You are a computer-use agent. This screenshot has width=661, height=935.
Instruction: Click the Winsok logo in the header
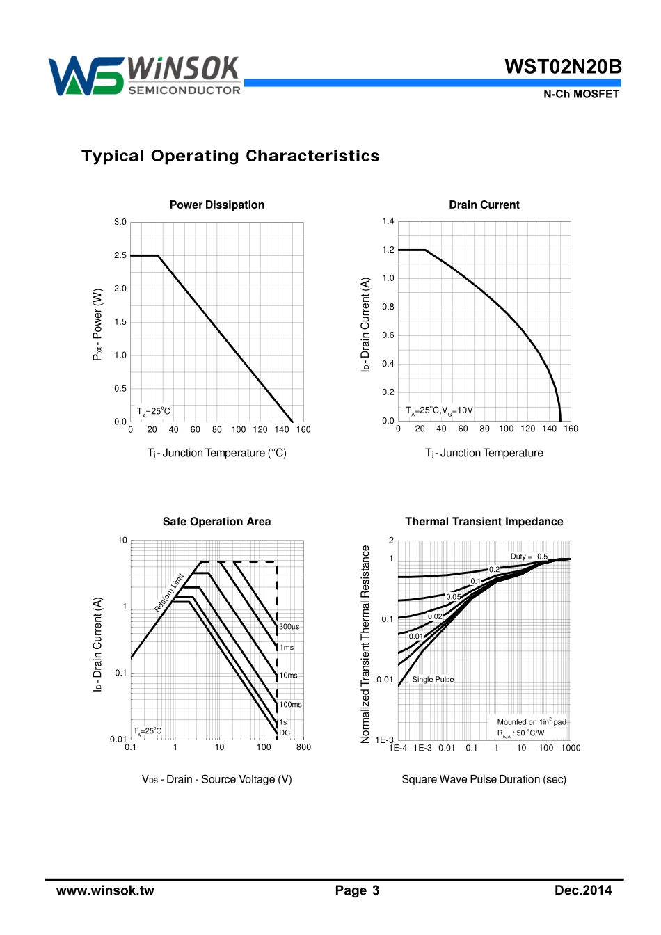pos(145,75)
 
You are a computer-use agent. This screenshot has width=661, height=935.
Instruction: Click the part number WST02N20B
pos(562,67)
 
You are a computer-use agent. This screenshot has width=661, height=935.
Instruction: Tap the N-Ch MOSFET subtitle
pos(581,94)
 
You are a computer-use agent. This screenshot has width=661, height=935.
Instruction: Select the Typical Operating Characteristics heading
pos(230,156)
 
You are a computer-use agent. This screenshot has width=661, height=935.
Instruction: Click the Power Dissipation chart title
pos(217,205)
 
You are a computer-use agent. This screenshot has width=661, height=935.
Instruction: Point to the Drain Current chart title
pos(484,205)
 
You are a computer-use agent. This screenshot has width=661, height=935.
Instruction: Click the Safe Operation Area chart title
pos(216,522)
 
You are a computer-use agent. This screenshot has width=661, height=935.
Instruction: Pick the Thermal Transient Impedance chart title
pos(484,522)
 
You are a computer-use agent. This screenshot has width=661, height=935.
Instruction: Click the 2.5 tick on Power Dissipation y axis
pos(120,255)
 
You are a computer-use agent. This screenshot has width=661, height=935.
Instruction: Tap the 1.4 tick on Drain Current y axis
pos(388,221)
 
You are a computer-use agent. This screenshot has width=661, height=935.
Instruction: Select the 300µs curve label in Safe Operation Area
pos(289,627)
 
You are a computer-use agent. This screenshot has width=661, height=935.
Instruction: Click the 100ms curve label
pos(291,705)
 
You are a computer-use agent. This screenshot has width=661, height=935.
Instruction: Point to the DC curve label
pos(285,733)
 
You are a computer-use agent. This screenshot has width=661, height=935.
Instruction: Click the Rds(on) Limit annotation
pos(169,593)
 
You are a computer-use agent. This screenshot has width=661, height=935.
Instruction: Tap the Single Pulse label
pos(433,680)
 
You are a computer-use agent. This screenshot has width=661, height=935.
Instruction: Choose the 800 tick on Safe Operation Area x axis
pos(303,747)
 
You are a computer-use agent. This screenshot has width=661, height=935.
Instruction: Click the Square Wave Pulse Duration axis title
pos(484,779)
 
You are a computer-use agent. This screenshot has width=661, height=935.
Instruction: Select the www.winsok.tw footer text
pos(105,890)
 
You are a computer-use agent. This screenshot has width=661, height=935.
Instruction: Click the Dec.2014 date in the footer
pos(583,890)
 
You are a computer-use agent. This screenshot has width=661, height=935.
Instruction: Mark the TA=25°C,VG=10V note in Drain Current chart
pos(439,410)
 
